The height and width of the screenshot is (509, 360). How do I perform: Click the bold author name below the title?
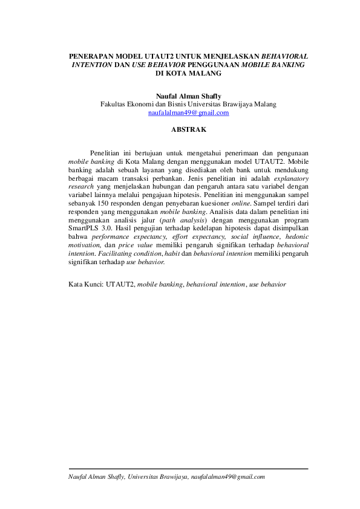pos(188,96)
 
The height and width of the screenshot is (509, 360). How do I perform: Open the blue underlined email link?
pos(188,112)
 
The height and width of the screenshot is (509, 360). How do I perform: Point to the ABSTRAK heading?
pos(188,129)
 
